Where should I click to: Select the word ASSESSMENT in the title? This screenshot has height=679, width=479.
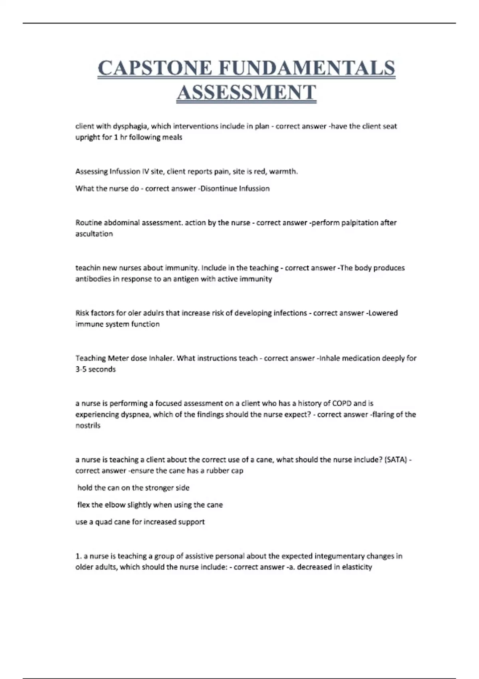[x=246, y=92]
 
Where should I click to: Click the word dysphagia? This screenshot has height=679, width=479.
[x=130, y=126]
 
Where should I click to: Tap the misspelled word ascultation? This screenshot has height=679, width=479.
[x=94, y=234]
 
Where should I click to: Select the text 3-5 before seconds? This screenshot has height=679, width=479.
[x=81, y=369]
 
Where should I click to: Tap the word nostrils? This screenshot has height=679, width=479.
[x=88, y=426]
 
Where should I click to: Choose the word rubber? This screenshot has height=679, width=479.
[x=217, y=471]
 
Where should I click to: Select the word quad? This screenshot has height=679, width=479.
[x=102, y=522]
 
